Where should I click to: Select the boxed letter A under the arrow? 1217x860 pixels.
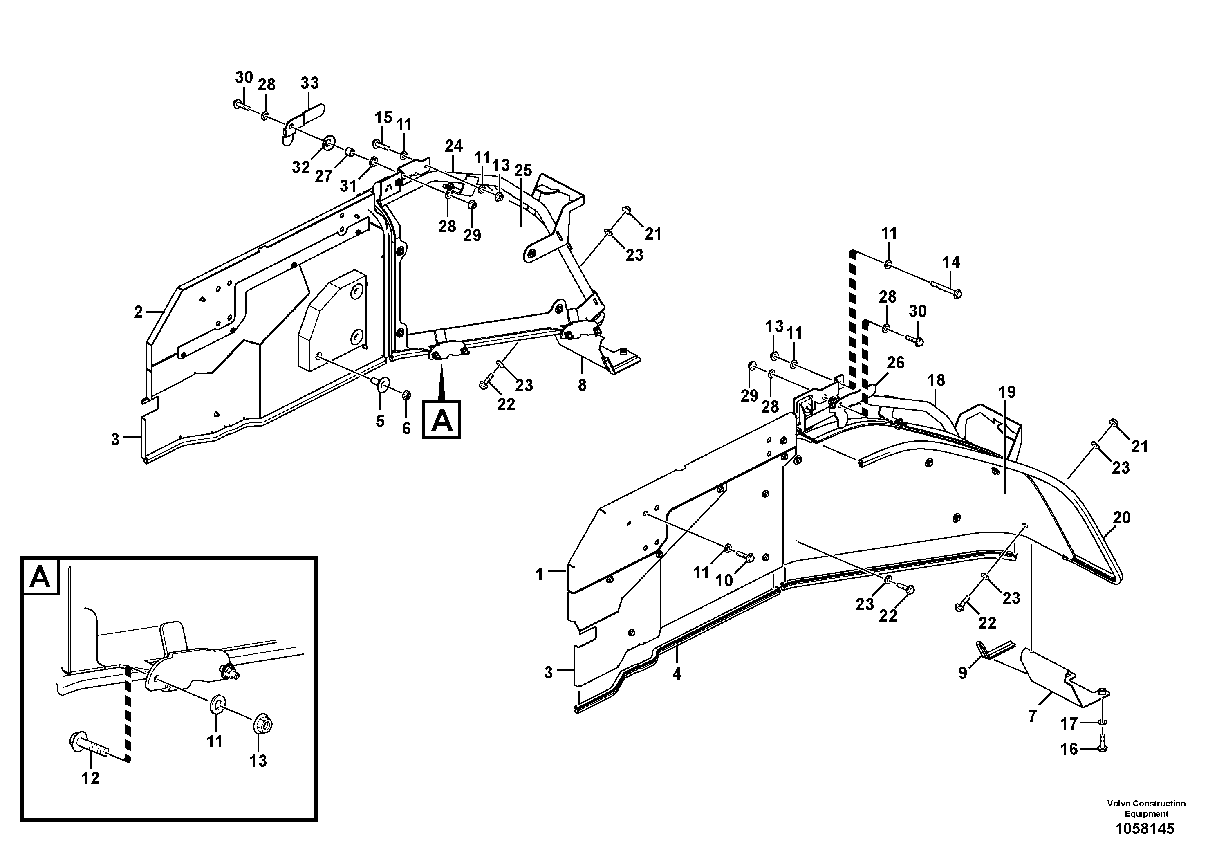click(x=441, y=420)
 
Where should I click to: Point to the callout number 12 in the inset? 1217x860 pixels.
click(x=91, y=778)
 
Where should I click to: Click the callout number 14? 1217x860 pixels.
click(x=951, y=262)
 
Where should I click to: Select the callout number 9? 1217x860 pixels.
click(x=963, y=673)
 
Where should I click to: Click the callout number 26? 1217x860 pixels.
click(x=896, y=363)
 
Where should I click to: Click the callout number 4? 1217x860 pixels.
click(x=677, y=674)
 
